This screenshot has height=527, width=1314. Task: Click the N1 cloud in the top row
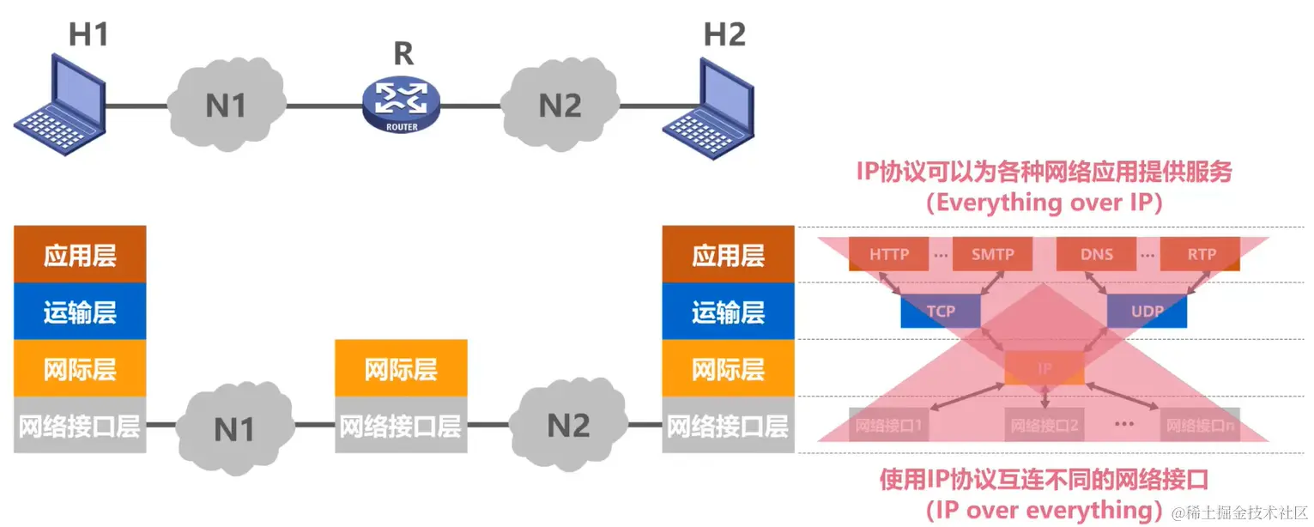click(x=226, y=105)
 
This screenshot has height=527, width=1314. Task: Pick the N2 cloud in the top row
click(x=560, y=105)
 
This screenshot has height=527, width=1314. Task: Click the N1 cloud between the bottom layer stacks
click(x=234, y=427)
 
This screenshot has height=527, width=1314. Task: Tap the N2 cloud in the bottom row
click(x=568, y=425)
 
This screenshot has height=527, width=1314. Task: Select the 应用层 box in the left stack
click(x=80, y=254)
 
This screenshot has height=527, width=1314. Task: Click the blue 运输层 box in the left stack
click(x=80, y=312)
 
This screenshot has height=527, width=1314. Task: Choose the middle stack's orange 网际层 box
click(x=401, y=368)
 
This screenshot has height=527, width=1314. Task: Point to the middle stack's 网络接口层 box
click(x=401, y=425)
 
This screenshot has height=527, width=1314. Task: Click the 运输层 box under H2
click(x=728, y=312)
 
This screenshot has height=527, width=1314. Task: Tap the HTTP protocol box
click(x=888, y=254)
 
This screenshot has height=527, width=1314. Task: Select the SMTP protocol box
click(x=993, y=254)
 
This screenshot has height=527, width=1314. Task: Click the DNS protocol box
click(x=1097, y=254)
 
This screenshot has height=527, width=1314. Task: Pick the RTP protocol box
click(x=1201, y=254)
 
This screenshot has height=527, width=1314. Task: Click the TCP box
click(x=941, y=311)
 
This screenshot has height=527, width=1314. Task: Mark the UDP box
click(x=1147, y=311)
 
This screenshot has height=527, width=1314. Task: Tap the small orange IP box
click(x=1045, y=368)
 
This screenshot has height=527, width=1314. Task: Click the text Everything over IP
click(x=1045, y=203)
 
